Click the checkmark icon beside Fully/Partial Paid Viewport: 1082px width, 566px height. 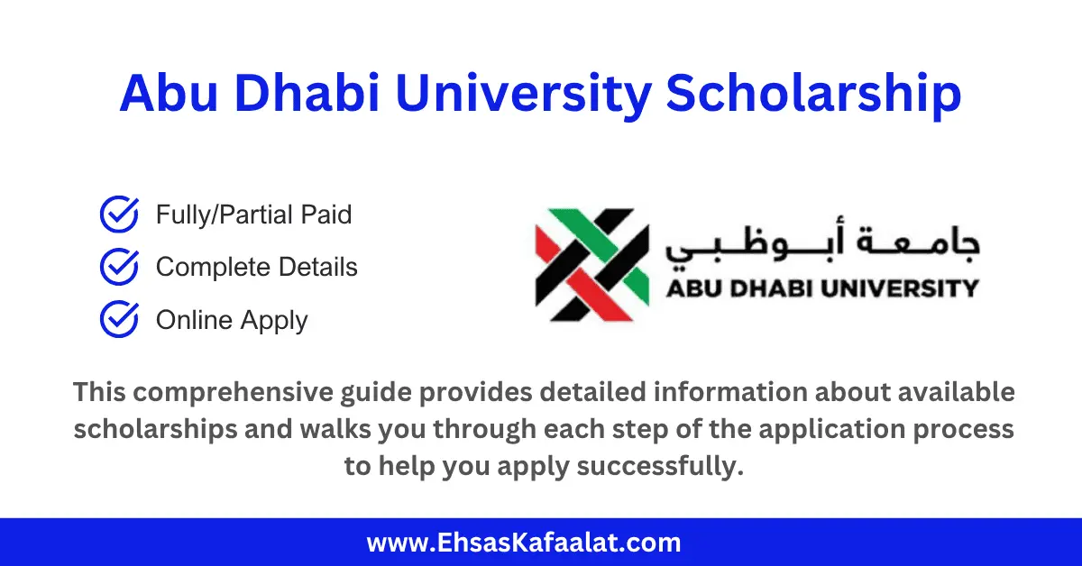pyautogui.click(x=118, y=215)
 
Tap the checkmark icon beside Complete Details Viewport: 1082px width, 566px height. pyautogui.click(x=118, y=267)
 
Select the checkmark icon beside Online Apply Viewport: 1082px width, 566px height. pyautogui.click(x=118, y=319)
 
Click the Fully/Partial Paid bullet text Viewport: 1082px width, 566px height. pyautogui.click(x=253, y=215)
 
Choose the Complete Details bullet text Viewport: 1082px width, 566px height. pyautogui.click(x=256, y=268)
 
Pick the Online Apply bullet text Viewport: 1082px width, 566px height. pyautogui.click(x=232, y=321)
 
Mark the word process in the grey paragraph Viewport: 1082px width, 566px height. pyautogui.click(x=967, y=431)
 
